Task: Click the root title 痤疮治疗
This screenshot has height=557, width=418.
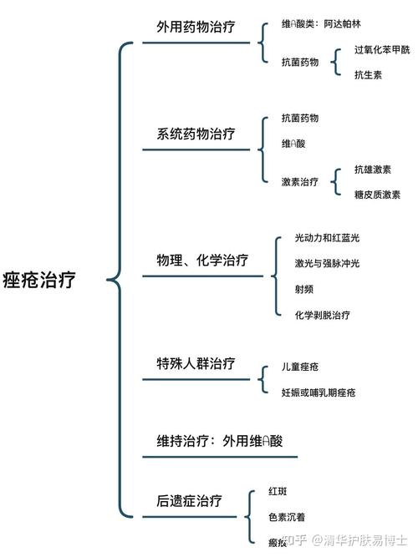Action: point(39,280)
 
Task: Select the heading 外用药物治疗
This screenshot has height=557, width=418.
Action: point(196,27)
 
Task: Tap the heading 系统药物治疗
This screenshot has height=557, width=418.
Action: point(196,134)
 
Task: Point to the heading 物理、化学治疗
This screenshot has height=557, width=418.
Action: point(202,260)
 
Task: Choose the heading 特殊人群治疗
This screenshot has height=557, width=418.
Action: point(196,363)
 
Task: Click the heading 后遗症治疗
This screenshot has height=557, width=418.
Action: point(189,501)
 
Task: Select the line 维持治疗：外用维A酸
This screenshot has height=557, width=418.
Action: point(220,441)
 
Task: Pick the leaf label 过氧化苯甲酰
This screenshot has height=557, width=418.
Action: point(382,49)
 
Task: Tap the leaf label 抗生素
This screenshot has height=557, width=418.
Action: point(368,74)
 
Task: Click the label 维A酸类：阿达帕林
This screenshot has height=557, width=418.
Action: point(321,24)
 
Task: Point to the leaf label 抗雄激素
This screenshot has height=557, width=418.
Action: point(373,170)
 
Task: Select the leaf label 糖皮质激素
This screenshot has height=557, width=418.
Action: point(377,195)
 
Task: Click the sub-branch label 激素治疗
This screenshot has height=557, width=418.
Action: point(299,182)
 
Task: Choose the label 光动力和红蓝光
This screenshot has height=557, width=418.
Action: point(327,238)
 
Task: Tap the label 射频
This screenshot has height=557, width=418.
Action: point(303,289)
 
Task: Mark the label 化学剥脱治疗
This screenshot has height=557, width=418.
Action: point(323,315)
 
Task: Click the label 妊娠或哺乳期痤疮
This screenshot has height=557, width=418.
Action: point(319,392)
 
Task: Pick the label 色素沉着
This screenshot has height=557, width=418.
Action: point(287,517)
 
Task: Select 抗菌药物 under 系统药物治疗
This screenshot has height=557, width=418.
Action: point(299,118)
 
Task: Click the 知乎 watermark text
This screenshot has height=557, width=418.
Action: point(295,540)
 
